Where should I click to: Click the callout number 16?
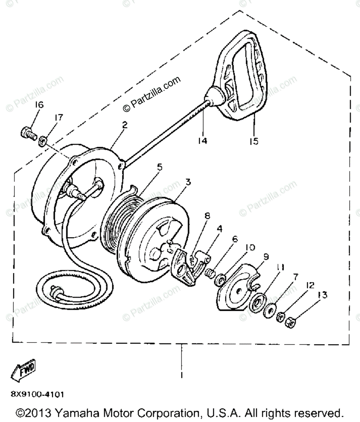pyautogui.click(x=39, y=105)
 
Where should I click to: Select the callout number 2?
pyautogui.click(x=125, y=125)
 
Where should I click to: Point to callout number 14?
pyautogui.click(x=203, y=141)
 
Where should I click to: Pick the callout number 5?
pyautogui.click(x=159, y=167)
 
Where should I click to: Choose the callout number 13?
pyautogui.click(x=323, y=295)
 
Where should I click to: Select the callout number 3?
pyautogui.click(x=188, y=182)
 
